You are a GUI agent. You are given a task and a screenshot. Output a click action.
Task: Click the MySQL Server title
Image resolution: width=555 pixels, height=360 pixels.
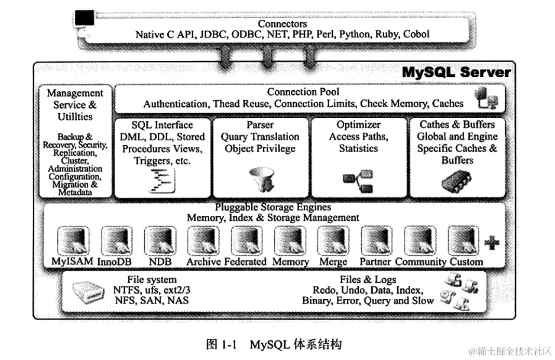pyautogui.click(x=456, y=73)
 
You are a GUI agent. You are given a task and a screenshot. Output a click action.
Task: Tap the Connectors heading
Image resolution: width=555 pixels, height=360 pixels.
pyautogui.click(x=282, y=24)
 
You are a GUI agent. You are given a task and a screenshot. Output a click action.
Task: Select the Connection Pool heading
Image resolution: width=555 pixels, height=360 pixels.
pyautogui.click(x=303, y=92)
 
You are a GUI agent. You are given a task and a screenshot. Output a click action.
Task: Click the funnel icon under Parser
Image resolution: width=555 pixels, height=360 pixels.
pyautogui.click(x=259, y=178)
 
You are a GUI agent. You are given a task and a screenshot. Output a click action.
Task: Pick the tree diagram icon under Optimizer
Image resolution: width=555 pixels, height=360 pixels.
pyautogui.click(x=358, y=179)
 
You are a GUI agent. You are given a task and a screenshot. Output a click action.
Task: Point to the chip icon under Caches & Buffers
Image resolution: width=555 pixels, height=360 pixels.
pyautogui.click(x=456, y=181)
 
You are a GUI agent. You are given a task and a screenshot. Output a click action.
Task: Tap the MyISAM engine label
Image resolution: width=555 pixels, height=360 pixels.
pyautogui.click(x=72, y=261)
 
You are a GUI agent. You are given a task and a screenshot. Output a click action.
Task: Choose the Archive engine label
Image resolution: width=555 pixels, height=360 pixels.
pyautogui.click(x=204, y=261)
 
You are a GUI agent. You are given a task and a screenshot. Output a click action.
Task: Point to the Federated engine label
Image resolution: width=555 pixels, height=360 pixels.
pyautogui.click(x=246, y=261)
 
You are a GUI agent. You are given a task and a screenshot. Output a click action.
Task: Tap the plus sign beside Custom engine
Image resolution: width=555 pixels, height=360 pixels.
pyautogui.click(x=491, y=243)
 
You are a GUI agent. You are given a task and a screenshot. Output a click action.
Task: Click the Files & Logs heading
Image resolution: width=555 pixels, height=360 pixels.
pyautogui.click(x=368, y=280)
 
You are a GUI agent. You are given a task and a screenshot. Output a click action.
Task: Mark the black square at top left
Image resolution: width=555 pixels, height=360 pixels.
pyautogui.click(x=85, y=18)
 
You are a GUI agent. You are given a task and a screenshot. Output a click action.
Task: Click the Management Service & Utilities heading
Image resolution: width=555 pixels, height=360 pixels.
pyautogui.click(x=75, y=105)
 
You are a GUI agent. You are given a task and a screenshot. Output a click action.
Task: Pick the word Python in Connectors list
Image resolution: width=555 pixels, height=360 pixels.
pyautogui.click(x=356, y=35)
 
